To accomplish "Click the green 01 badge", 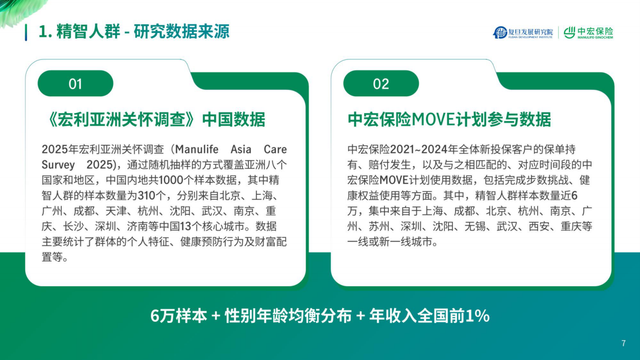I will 75,84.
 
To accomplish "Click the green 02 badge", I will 381,84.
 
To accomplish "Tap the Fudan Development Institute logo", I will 523,33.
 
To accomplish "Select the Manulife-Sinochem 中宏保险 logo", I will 588,33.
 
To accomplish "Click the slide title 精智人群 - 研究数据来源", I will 134,31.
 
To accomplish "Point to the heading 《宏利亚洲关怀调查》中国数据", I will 153,119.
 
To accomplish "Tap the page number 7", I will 623,343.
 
